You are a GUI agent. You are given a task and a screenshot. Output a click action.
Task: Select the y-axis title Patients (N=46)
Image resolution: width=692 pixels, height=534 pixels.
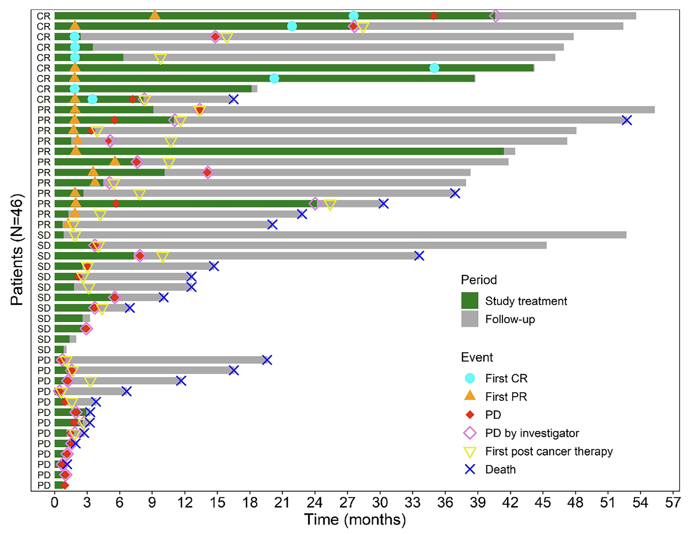pyautogui.click(x=16, y=250)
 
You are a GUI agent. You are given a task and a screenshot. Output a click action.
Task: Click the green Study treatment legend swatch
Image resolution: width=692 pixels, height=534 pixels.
pyautogui.click(x=469, y=301)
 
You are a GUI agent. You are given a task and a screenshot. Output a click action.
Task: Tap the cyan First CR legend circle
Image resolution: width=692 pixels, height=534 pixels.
pyautogui.click(x=469, y=378)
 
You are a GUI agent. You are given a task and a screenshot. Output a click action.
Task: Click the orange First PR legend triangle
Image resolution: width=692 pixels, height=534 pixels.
pyautogui.click(x=469, y=396)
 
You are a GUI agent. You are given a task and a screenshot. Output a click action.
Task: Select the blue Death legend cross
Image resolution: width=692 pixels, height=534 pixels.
pyautogui.click(x=469, y=469)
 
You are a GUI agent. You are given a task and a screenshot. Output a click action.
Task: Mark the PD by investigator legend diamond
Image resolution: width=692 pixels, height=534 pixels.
pyautogui.click(x=469, y=433)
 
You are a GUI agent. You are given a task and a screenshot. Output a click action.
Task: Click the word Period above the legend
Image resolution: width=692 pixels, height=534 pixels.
pyautogui.click(x=478, y=280)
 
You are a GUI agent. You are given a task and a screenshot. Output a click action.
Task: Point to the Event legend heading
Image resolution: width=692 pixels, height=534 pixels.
pyautogui.click(x=477, y=357)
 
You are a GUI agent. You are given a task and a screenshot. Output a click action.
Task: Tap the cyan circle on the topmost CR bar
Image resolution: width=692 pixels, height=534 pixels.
pyautogui.click(x=354, y=16)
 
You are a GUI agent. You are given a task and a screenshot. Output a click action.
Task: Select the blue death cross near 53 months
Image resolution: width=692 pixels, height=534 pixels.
pyautogui.click(x=626, y=120)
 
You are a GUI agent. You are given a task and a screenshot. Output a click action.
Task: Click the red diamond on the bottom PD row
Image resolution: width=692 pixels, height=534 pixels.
pyautogui.click(x=65, y=485)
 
